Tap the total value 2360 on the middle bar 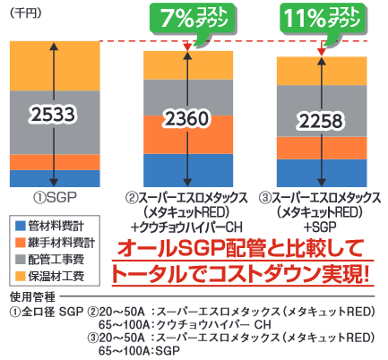pos(188,119)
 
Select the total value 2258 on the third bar pos(321,123)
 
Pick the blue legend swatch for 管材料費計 pos(19,224)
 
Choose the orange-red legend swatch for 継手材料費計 pos(19,239)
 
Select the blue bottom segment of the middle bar pos(188,168)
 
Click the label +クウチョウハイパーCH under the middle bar pos(187,225)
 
